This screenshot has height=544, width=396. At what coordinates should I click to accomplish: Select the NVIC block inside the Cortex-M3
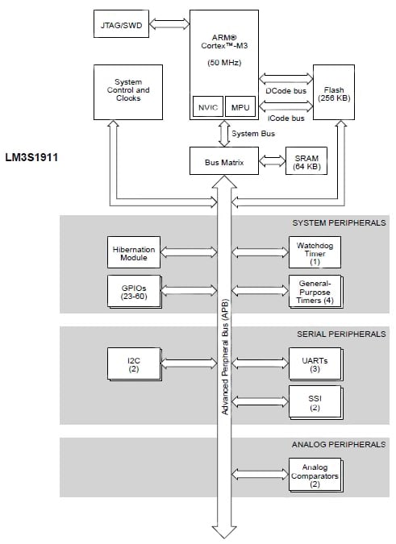click(x=207, y=108)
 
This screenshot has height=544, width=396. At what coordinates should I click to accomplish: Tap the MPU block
click(x=240, y=108)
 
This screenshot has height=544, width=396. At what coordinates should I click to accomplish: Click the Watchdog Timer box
click(x=315, y=252)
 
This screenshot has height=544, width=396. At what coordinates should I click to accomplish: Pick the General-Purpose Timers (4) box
click(x=315, y=290)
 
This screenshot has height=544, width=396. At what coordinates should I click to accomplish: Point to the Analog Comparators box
click(x=315, y=475)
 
